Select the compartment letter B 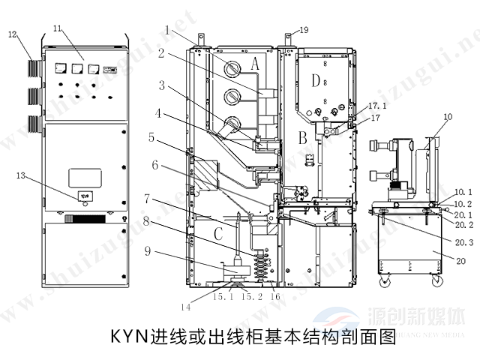point(302,136)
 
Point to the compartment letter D point(317,79)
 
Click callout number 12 point(12,34)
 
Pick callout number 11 point(57,28)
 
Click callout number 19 point(302,30)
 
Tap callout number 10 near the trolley point(448,117)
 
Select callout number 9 point(150,250)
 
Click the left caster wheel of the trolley point(388,281)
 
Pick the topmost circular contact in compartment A point(232,67)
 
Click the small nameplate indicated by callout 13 point(84,196)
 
